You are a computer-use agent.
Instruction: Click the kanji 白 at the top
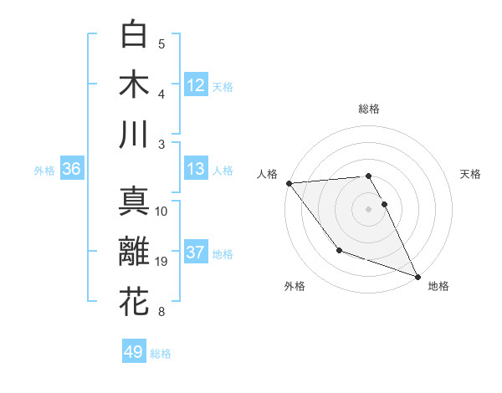coord(134,33)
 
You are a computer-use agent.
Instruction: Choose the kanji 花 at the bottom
coord(134,302)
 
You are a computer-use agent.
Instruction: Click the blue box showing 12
coord(196,84)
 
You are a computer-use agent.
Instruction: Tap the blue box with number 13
coord(196,169)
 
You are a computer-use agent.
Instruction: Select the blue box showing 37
coord(196,253)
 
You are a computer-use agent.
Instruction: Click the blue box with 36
coord(71,169)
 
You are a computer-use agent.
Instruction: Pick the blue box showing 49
coord(134,352)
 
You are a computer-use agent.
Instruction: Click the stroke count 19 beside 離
coord(161,263)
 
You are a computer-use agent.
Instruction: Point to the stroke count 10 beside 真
coord(161,212)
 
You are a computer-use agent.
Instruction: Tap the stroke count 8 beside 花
coord(161,313)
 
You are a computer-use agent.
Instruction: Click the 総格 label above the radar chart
coord(369,109)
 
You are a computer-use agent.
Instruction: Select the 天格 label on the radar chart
coord(470,174)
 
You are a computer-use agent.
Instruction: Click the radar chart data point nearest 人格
coord(288,182)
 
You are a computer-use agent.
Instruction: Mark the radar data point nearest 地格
coord(418,276)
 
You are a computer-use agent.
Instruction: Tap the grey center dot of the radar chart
coord(368,209)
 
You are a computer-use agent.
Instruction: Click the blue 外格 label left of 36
coord(44,171)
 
